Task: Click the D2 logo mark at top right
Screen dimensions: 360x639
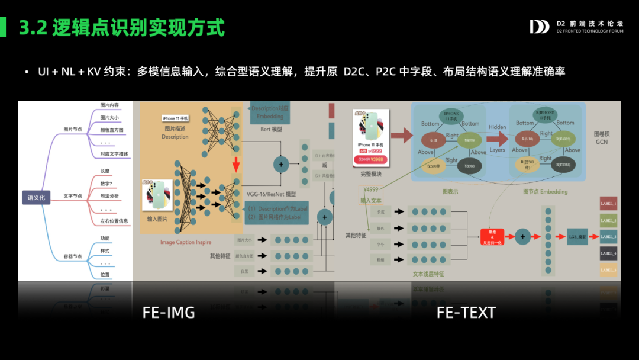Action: [539, 27]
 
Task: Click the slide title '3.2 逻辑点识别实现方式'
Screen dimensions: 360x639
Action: [122, 28]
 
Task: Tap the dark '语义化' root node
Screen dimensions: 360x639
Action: [36, 197]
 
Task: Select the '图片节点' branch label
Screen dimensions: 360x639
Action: [73, 129]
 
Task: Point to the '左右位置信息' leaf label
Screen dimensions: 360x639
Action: [114, 221]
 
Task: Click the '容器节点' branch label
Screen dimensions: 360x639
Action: [73, 256]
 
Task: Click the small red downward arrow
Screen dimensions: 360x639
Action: [235, 163]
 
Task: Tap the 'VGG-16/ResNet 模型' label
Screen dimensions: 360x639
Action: [271, 194]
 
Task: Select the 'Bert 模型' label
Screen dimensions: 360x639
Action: [272, 128]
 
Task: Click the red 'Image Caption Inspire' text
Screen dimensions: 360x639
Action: [186, 242]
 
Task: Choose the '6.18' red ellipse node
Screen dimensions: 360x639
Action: [433, 141]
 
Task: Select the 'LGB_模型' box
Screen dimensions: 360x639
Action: [577, 236]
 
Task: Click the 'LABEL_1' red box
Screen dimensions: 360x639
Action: [608, 204]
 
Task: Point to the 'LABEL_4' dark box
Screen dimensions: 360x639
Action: [608, 253]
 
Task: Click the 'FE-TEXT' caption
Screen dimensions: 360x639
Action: [466, 313]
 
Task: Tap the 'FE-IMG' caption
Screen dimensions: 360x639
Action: [169, 313]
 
